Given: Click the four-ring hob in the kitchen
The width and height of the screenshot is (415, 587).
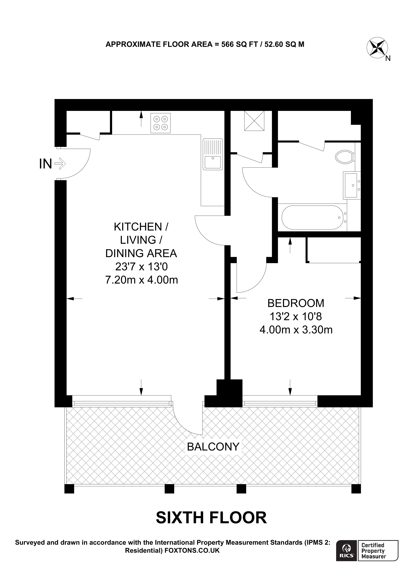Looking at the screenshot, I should tap(160, 123).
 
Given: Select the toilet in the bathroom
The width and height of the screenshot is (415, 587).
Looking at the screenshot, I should tap(344, 157).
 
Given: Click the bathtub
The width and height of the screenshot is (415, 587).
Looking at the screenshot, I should tap(312, 217).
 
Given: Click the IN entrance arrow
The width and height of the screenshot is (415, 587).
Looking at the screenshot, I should tap(60, 163).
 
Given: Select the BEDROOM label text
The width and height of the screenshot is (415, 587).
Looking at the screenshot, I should tap(296, 303).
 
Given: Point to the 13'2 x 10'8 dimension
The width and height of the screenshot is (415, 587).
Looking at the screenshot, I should tap(296, 317).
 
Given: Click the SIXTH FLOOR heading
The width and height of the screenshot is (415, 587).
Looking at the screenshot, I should tap(211, 518).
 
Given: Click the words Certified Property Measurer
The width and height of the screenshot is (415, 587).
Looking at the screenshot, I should tap(373, 558).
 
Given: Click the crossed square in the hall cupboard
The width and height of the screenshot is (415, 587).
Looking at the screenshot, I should tap(254, 121).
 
